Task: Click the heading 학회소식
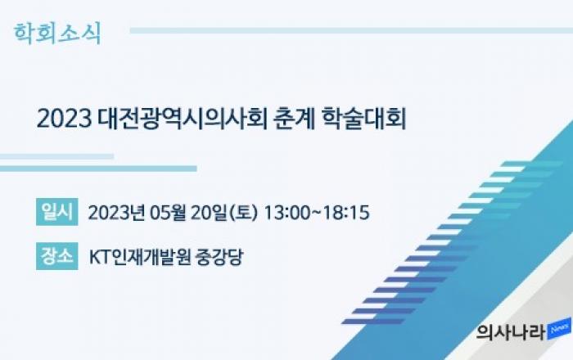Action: pyautogui.click(x=57, y=34)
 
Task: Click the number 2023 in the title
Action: pyautogui.click(x=65, y=119)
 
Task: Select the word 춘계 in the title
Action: pyautogui.click(x=294, y=119)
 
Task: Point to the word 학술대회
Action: pyautogui.click(x=364, y=119)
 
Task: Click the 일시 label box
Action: pyautogui.click(x=57, y=212)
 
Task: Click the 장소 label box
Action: pyautogui.click(x=57, y=256)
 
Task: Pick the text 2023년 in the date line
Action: pyautogui.click(x=115, y=212)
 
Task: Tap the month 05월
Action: pyautogui.click(x=168, y=212)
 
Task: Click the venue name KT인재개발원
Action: pyautogui.click(x=140, y=257)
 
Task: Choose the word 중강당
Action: pyautogui.click(x=219, y=257)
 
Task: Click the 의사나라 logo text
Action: pyautogui.click(x=511, y=332)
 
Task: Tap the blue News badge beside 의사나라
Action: pyautogui.click(x=559, y=328)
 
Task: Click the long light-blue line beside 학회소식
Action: pyautogui.click(x=351, y=30)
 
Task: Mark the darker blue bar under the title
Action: pyautogui.click(x=98, y=169)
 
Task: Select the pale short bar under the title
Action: pyautogui.click(x=56, y=156)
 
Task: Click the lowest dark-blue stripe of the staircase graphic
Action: pyautogui.click(x=373, y=322)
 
